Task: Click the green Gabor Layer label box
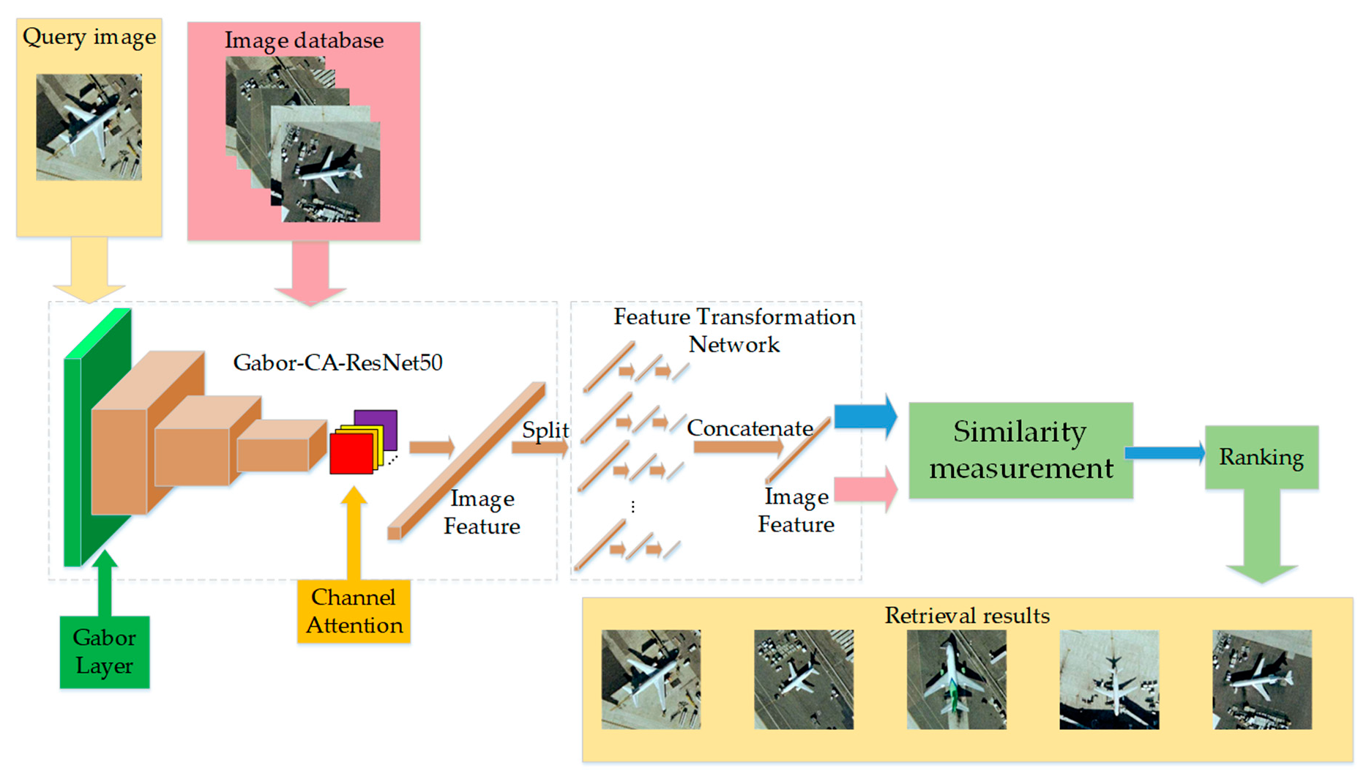click(105, 652)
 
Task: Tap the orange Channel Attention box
click(354, 611)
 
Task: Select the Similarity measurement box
click(1020, 450)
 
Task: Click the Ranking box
click(1261, 457)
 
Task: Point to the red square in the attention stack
click(351, 454)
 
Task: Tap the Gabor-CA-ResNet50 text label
click(337, 362)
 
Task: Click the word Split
click(545, 430)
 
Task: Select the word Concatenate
click(750, 428)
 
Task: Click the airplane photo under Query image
click(89, 127)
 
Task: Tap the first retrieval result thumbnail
click(651, 679)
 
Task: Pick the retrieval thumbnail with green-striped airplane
click(956, 679)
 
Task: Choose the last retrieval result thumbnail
click(1262, 679)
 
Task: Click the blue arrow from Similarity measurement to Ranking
click(1165, 453)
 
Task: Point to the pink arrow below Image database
click(310, 272)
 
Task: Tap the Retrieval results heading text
click(967, 616)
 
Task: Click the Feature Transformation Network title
click(734, 330)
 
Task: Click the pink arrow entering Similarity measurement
click(866, 488)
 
